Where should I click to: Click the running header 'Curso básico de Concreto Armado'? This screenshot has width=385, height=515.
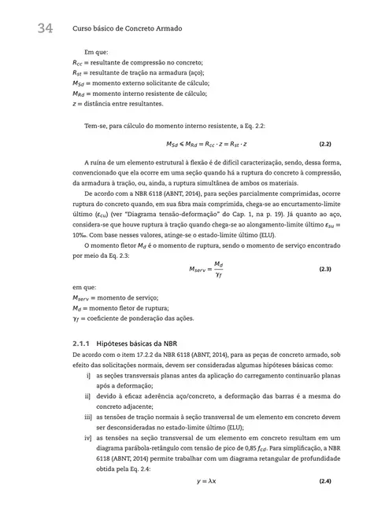tap(128, 28)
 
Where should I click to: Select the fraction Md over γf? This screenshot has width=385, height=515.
tap(218, 269)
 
